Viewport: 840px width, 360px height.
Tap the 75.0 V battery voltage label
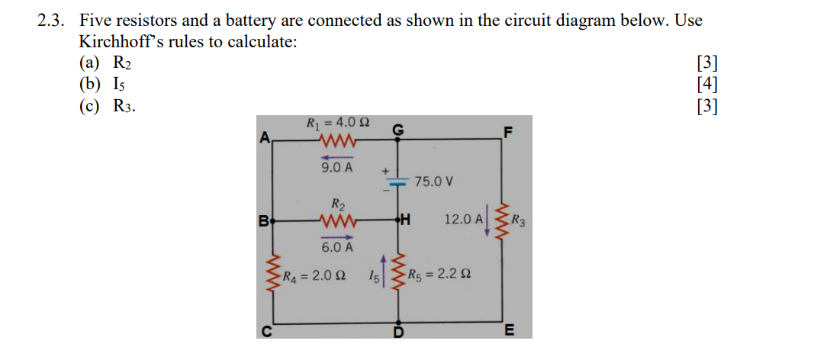(x=434, y=182)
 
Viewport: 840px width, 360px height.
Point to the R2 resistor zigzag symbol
(x=336, y=222)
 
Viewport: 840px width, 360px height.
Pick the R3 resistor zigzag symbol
(x=501, y=221)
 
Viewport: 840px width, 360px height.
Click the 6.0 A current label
(x=336, y=247)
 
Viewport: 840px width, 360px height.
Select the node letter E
(x=509, y=330)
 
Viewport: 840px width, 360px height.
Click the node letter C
(x=266, y=330)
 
